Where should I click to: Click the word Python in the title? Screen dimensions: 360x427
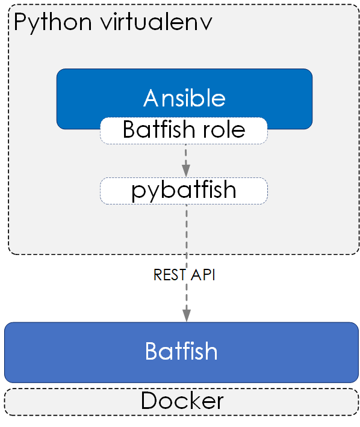[52, 23]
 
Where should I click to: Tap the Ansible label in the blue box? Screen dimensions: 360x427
[184, 98]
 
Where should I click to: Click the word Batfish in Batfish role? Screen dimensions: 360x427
[158, 129]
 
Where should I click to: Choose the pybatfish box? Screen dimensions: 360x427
[184, 191]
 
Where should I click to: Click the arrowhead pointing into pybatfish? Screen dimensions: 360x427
[186, 171]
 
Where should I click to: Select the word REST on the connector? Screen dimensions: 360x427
[170, 274]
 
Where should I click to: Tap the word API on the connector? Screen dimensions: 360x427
[203, 274]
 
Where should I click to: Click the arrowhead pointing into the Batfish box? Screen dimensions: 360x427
[187, 316]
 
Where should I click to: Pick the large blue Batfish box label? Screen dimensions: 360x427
[181, 351]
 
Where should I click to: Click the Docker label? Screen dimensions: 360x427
[182, 401]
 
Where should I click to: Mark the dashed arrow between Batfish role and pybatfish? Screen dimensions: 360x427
[186, 161]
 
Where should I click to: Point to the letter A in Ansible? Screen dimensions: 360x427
[151, 98]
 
